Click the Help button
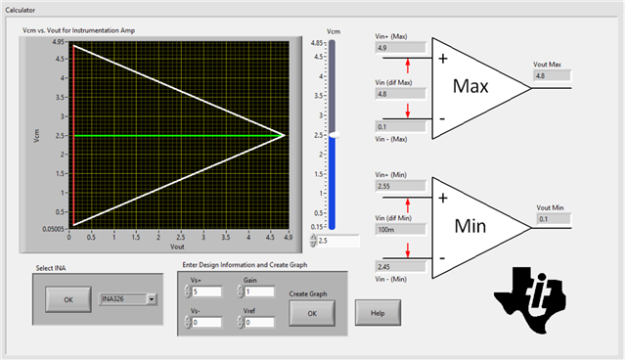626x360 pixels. pos(378,313)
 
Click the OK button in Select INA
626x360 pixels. pos(68,299)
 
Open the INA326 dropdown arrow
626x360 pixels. pos(152,299)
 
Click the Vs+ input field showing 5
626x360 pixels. pos(206,292)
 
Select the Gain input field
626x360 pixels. pos(259,292)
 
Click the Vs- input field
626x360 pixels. pos(206,322)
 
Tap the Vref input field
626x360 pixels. pos(259,322)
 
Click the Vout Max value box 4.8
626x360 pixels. pos(552,75)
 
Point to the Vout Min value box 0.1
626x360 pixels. pos(554,219)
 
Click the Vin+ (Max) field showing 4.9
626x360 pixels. pos(400,48)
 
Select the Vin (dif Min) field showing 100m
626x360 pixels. pos(400,230)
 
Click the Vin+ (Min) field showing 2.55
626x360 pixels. pos(400,186)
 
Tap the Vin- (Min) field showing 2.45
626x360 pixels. pos(400,267)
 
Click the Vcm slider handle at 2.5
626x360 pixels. pos(335,135)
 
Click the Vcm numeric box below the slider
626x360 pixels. pos(338,241)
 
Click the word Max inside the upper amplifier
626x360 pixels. pos(470,86)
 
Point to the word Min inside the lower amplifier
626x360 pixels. pos(470,226)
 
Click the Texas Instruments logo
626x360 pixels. pos(530,300)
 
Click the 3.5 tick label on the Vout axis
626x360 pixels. pos(226,237)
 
